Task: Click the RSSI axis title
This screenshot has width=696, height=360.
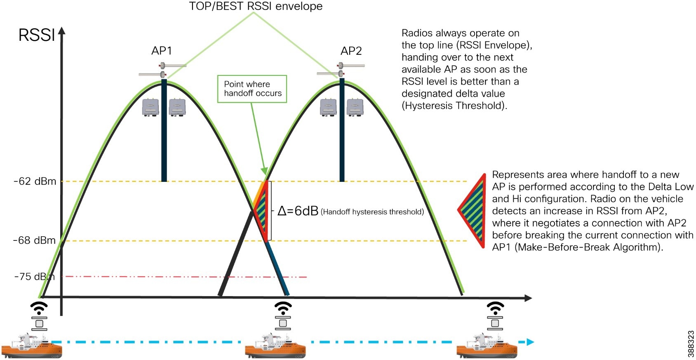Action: point(36,35)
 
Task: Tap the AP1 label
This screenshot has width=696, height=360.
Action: point(161,51)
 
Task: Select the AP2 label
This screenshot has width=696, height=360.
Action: point(351,51)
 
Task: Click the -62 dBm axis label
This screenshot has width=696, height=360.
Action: point(35,181)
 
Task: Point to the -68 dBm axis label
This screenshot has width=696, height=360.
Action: point(34,240)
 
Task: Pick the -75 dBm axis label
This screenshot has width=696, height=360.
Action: point(34,277)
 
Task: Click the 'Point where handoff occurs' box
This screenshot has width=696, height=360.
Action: point(252,89)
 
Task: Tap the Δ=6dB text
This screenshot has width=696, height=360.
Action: point(298,211)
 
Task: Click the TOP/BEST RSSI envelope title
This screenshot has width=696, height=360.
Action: point(256,6)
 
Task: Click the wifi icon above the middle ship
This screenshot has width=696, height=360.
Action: point(283,308)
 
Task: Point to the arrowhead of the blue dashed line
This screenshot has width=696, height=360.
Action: point(530,342)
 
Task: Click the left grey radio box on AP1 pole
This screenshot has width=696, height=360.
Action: point(150,107)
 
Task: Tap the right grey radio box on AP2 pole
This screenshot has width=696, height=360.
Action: point(355,107)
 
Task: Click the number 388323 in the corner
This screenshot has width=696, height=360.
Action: point(691,344)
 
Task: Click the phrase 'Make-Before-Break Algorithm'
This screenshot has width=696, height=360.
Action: point(588,247)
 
